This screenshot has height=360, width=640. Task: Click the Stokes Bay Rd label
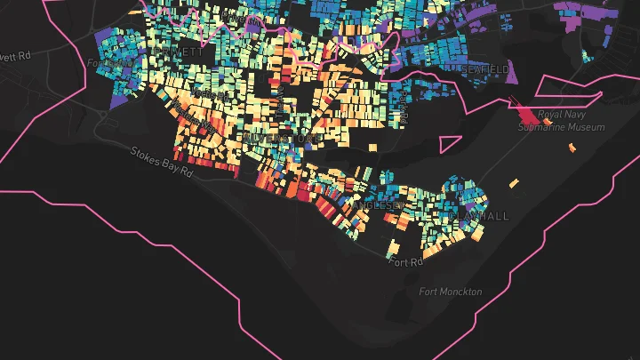[161, 161]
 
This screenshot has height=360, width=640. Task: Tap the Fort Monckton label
[451, 292]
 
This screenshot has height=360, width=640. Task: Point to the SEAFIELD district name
[484, 68]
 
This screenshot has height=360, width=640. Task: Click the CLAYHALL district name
[479, 216]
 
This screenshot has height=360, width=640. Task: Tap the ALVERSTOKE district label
[286, 140]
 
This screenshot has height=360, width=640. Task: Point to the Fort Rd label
[405, 260]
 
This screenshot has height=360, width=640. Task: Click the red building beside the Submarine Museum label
[529, 116]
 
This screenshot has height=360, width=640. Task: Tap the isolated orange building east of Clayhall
[514, 183]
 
